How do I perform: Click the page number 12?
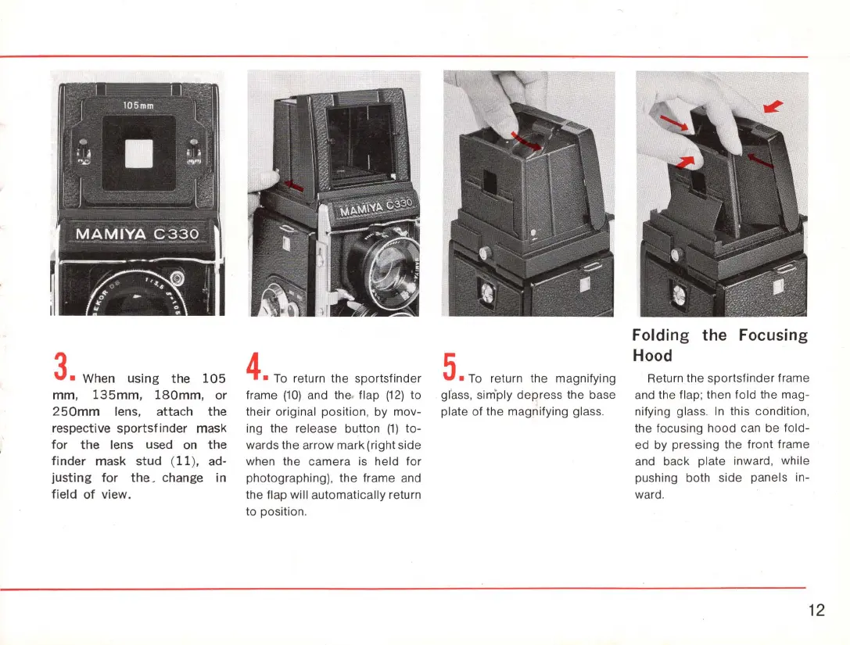pos(816,611)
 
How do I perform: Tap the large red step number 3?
pos(61,367)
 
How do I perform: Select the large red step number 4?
pos(254,367)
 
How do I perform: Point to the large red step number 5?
pos(450,367)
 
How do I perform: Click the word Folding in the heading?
pos(660,335)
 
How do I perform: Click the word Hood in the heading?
pos(652,356)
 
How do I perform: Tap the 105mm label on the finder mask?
pos(138,105)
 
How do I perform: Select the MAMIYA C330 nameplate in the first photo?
pos(137,234)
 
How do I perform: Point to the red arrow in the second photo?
pos(294,185)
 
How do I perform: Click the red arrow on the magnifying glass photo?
pos(525,142)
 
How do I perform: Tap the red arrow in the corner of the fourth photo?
pos(773,106)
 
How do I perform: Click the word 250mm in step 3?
pos(76,411)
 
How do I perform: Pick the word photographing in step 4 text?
pos(286,478)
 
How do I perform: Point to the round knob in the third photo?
pos(485,253)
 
